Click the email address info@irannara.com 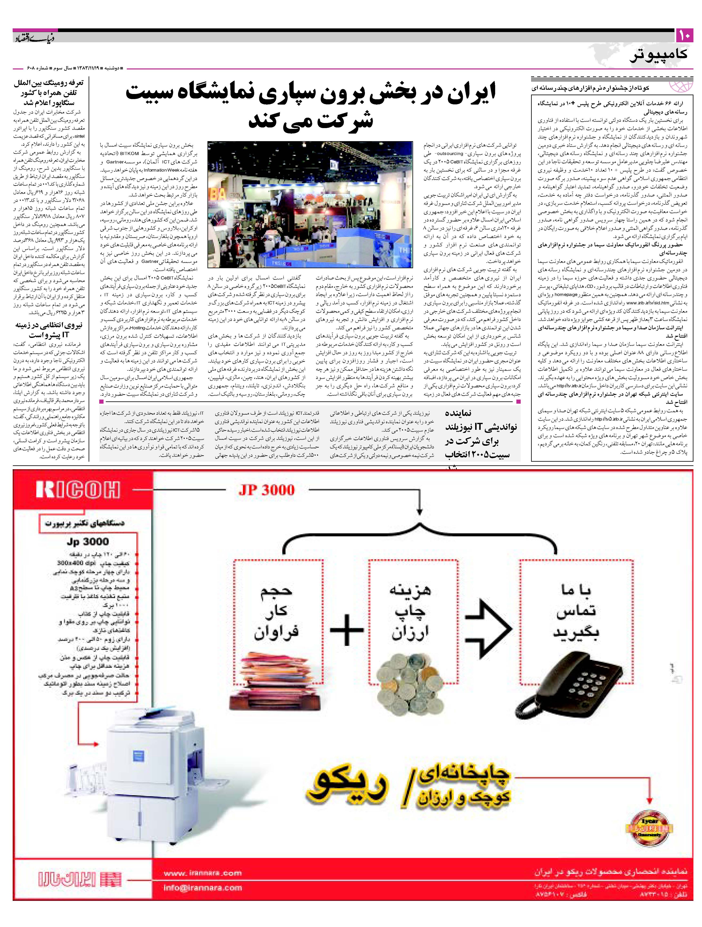click(203, 888)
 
